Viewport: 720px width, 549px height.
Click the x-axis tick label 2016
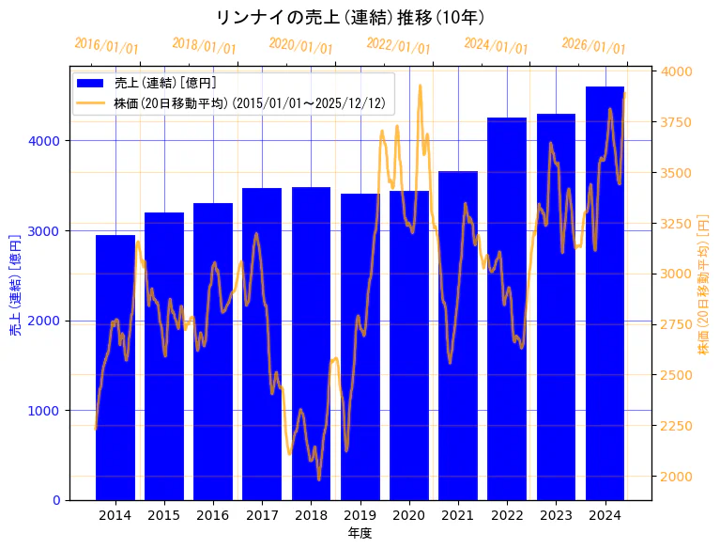point(213,515)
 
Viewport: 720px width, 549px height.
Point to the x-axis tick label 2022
point(507,515)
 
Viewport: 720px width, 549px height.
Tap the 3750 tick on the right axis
point(678,122)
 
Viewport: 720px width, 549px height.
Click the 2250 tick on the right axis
point(678,426)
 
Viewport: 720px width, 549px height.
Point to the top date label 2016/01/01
point(106,46)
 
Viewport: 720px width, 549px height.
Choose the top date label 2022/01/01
point(398,46)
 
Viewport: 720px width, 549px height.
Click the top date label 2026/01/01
point(593,46)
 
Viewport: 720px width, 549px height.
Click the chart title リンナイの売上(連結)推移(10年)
point(349,18)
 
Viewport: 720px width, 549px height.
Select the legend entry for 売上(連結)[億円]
point(164,83)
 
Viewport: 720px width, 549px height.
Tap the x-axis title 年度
point(360,533)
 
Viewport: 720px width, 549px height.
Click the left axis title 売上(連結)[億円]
point(15,283)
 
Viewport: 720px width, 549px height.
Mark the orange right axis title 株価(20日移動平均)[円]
point(704,283)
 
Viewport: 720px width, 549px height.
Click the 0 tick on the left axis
point(56,500)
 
